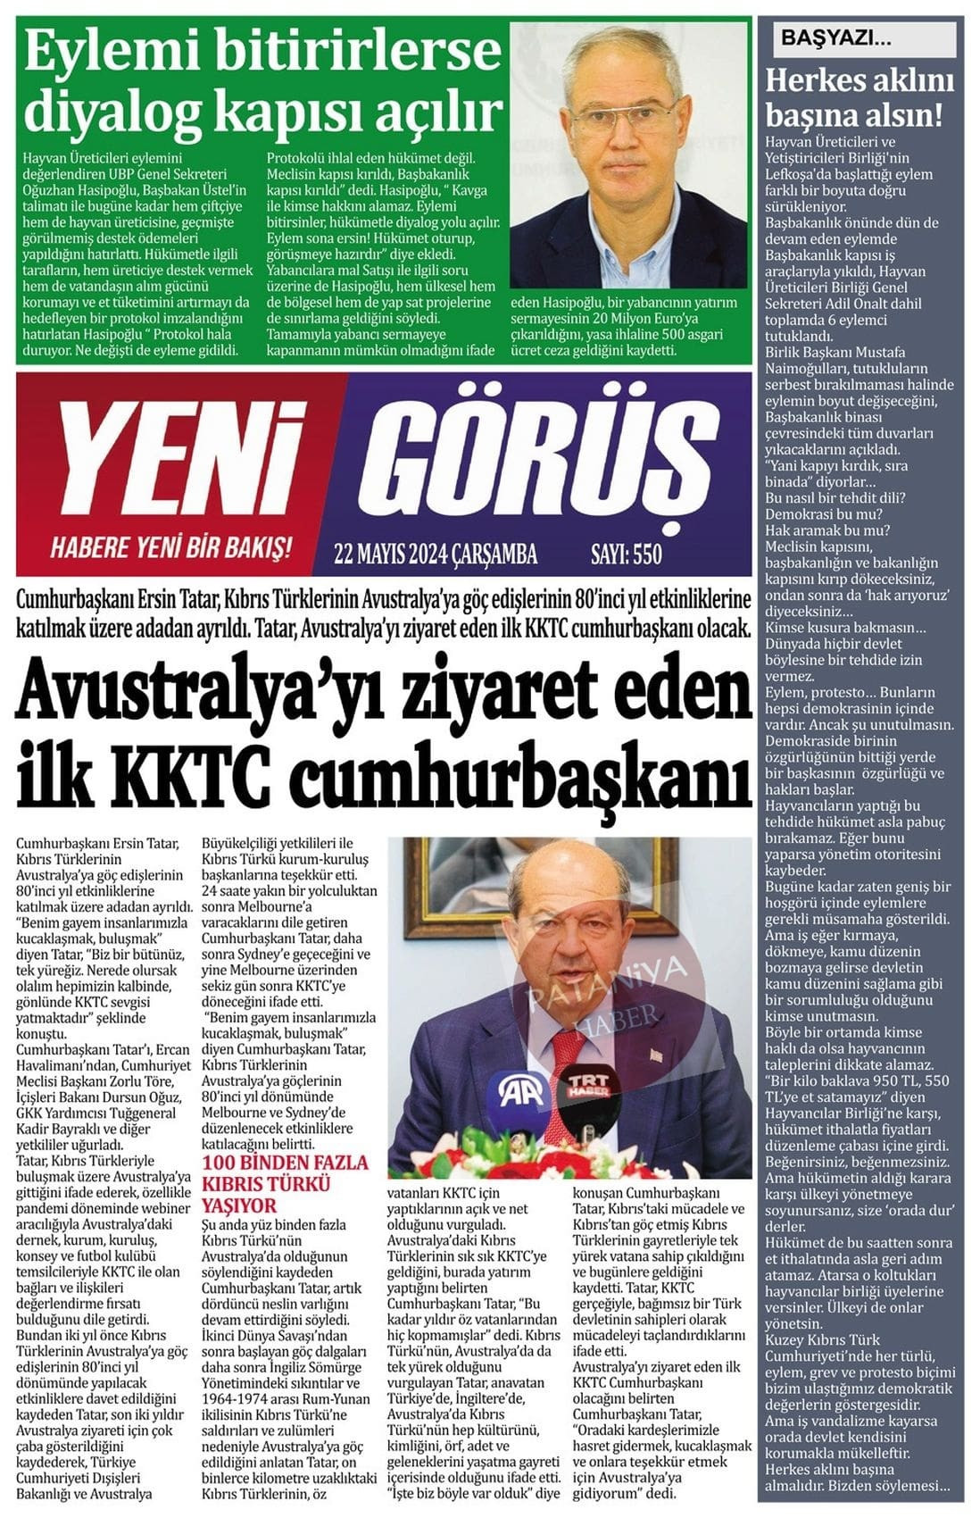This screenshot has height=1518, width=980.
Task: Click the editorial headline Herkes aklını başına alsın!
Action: click(x=860, y=97)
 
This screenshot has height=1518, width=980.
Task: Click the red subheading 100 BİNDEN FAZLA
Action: click(x=286, y=1163)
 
